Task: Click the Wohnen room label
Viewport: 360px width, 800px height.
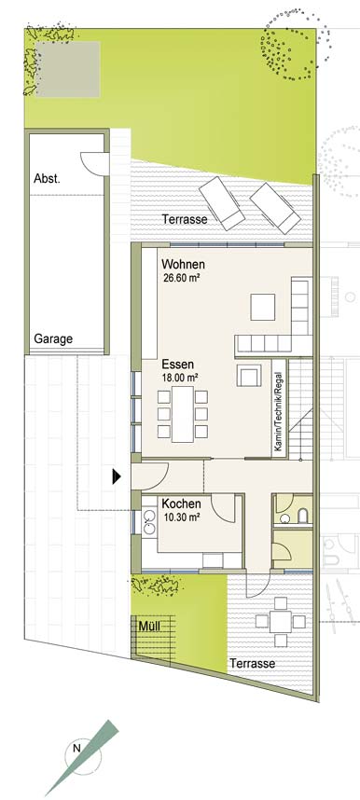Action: (184, 265)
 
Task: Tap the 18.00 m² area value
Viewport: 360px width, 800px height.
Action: (180, 378)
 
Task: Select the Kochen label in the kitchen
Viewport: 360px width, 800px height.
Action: (181, 504)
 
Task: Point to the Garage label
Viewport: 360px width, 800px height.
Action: (53, 338)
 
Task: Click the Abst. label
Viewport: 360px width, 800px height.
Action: (47, 179)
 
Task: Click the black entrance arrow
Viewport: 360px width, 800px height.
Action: (117, 476)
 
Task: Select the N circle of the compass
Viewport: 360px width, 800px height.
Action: (77, 750)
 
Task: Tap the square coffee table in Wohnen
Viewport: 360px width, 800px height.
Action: (263, 307)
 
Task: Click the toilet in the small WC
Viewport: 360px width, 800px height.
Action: (303, 516)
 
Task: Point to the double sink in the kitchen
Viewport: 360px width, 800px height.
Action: (149, 521)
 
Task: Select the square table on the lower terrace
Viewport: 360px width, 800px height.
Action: (280, 621)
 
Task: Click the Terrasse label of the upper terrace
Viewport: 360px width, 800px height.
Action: (185, 219)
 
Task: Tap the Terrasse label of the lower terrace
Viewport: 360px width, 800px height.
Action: (252, 664)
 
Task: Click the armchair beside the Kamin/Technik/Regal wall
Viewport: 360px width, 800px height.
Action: (249, 376)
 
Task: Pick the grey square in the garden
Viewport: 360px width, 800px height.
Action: (68, 69)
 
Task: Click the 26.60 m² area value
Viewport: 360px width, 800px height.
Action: (180, 279)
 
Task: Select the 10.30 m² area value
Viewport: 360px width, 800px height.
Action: (181, 517)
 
